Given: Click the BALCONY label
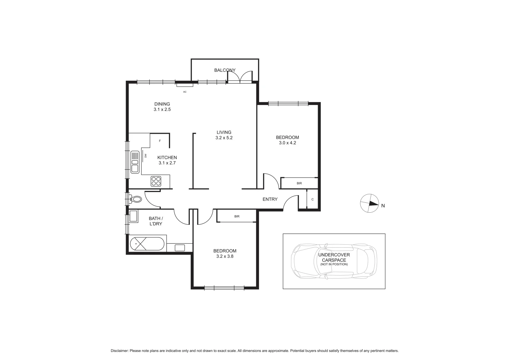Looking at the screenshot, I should pos(225,70).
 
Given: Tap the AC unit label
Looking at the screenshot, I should pos(185,92).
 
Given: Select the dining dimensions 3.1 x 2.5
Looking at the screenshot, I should pos(162,109).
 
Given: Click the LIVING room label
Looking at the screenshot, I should pos(224,132).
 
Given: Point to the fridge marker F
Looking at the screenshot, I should pos(160,141).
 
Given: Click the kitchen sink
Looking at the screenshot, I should pos(135,162).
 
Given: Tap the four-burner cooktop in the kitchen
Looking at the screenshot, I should pos(156,181).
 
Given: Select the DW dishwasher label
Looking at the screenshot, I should pos(146,156).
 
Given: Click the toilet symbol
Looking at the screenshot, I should pos(136,199).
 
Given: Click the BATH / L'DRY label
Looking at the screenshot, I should pos(156,221).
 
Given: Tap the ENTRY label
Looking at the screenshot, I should pos(270,199).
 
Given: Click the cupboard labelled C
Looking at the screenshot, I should pos(312,199).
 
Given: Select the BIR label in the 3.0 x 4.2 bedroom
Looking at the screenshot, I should pos(299,183).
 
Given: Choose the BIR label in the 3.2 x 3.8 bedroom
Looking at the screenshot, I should pos(237,216).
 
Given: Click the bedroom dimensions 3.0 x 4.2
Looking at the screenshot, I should pos(287,143).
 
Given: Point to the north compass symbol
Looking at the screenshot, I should pos(369,203).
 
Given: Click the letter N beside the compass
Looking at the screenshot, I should pos(383,206).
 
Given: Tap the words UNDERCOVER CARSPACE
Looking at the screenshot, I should pos(334,257).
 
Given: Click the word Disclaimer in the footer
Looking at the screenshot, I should pos(119,351).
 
